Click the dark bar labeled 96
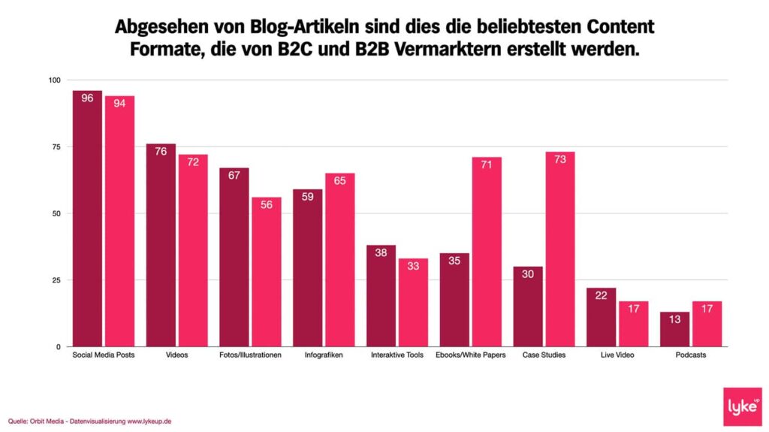(x=87, y=218)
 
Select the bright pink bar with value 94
(x=119, y=221)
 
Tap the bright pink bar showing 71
(x=487, y=252)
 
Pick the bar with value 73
(x=560, y=249)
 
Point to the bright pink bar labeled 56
(x=267, y=271)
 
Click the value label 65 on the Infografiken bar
(x=340, y=182)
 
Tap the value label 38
(x=381, y=253)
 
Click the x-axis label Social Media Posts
(x=103, y=355)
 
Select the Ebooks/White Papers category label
(x=470, y=355)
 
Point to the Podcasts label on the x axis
(x=691, y=355)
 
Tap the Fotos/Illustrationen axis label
(x=250, y=355)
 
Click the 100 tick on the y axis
(x=55, y=80)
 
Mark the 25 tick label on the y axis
(x=57, y=280)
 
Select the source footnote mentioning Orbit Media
(x=90, y=421)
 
